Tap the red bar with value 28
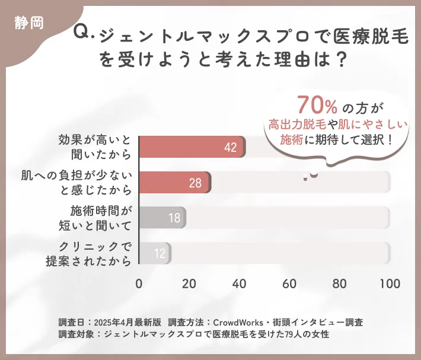point(174,183)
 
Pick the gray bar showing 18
point(162,218)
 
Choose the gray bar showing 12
point(155,253)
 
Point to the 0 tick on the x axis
point(139,283)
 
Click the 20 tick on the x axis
point(189,283)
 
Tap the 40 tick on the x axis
point(240,283)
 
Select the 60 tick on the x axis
point(289,283)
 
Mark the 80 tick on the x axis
point(340,283)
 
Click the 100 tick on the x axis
point(390,283)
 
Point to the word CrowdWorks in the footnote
point(239,322)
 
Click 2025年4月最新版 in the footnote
point(128,322)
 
